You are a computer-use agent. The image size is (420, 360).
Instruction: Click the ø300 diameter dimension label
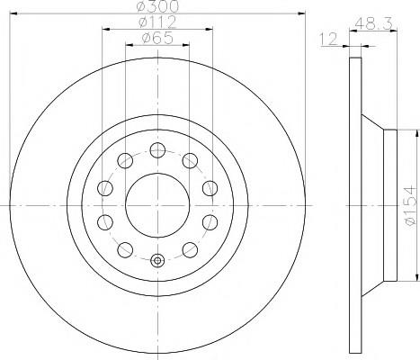coord(157,6)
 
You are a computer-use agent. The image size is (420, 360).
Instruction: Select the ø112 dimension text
coord(157,22)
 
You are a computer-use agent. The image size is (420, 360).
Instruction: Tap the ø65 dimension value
coord(157,38)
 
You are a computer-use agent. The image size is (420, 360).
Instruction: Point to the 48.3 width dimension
coord(373,23)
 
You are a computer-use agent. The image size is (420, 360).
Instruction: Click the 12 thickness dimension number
coord(328,40)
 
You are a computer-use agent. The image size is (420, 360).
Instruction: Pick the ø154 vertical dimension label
coord(410,205)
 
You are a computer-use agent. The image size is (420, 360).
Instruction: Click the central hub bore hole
coord(157,205)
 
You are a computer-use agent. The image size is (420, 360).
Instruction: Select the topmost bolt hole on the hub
coord(157,150)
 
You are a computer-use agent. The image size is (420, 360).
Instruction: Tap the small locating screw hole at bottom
coord(157,260)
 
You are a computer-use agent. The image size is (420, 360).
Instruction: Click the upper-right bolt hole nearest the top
coord(190,160)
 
